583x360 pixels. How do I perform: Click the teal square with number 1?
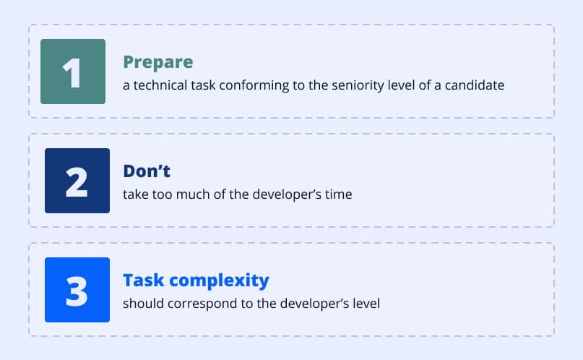pos(72,72)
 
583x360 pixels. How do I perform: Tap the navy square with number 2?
pos(77,181)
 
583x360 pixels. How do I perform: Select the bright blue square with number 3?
pos(77,290)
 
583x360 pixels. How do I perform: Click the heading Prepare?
pos(157,61)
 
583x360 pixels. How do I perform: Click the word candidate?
pos(475,85)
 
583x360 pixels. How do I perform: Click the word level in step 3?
pos(366,303)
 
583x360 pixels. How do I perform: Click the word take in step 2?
pos(135,194)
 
